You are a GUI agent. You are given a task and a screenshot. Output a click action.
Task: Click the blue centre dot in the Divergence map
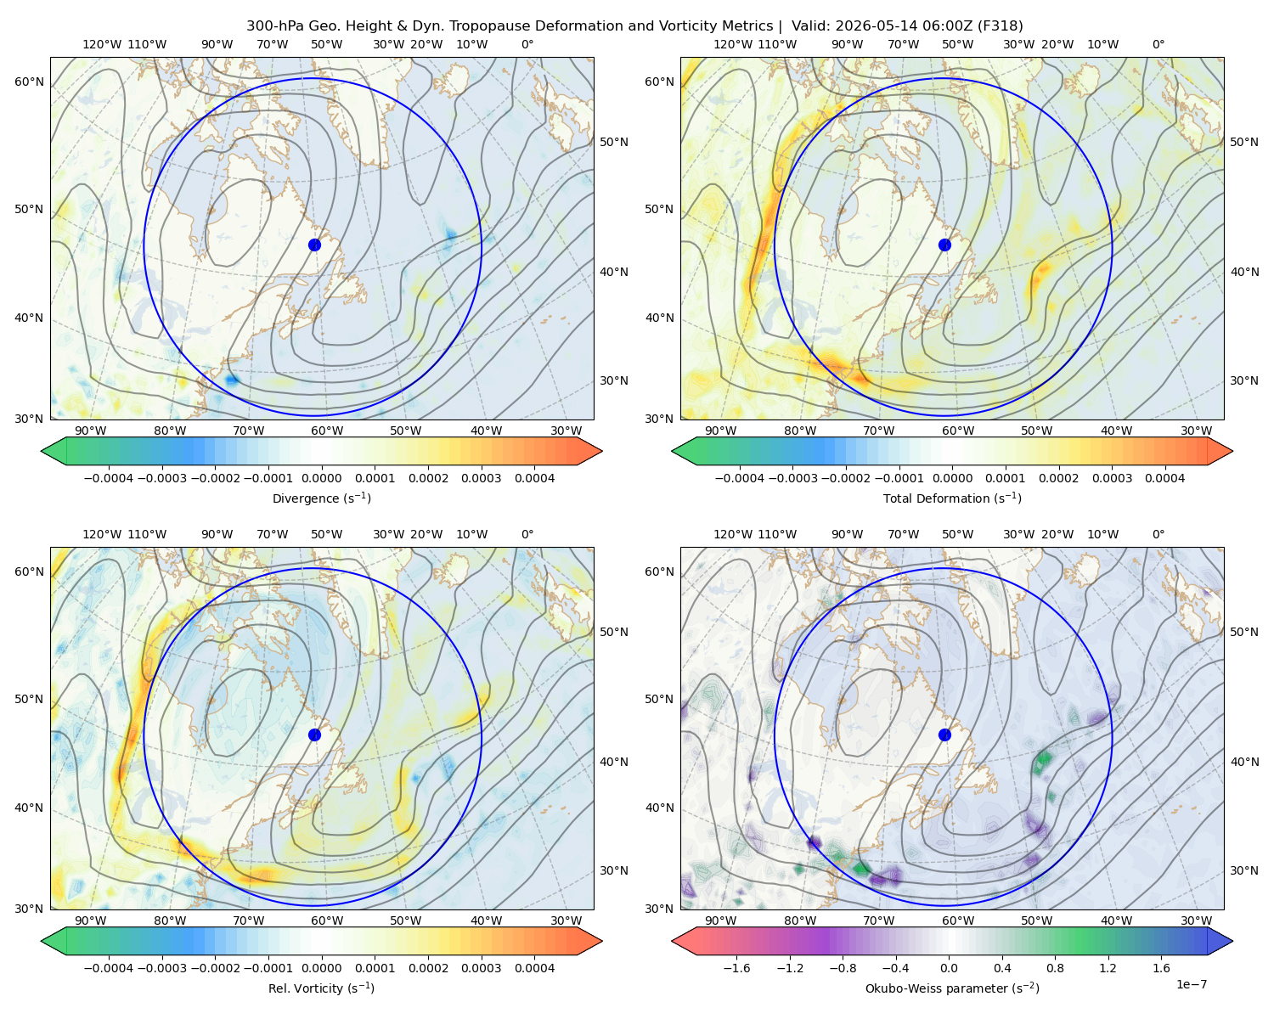tap(314, 245)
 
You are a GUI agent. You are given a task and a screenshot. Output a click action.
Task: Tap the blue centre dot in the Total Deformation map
tap(944, 245)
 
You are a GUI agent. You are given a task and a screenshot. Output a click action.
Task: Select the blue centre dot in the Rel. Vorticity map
tap(314, 735)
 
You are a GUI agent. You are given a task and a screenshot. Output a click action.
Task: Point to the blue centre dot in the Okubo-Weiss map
tap(944, 735)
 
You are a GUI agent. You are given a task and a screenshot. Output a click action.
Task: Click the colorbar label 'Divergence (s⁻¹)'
tap(321, 498)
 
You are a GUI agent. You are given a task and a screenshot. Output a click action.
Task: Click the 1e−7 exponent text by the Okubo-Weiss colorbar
tap(1191, 984)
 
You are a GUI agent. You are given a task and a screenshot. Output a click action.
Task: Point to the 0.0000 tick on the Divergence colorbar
tap(321, 478)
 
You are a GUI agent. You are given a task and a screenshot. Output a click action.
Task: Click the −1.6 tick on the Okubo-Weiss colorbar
tap(736, 968)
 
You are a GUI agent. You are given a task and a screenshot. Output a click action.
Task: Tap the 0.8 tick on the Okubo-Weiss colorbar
tap(1055, 968)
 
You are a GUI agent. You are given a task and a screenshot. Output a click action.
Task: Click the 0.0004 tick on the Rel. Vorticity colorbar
tap(534, 968)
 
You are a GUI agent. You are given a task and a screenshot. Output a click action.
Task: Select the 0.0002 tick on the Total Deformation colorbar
tap(1058, 478)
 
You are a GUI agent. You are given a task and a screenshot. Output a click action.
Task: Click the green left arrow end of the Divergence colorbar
tap(54, 451)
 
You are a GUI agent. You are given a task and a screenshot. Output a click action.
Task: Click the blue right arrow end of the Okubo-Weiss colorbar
tap(1220, 942)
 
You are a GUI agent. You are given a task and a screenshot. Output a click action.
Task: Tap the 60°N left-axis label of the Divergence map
tap(29, 82)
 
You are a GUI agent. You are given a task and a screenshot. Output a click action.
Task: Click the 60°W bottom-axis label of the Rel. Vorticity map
tap(327, 920)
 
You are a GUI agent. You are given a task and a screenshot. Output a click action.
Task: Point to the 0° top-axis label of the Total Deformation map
tap(1158, 44)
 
